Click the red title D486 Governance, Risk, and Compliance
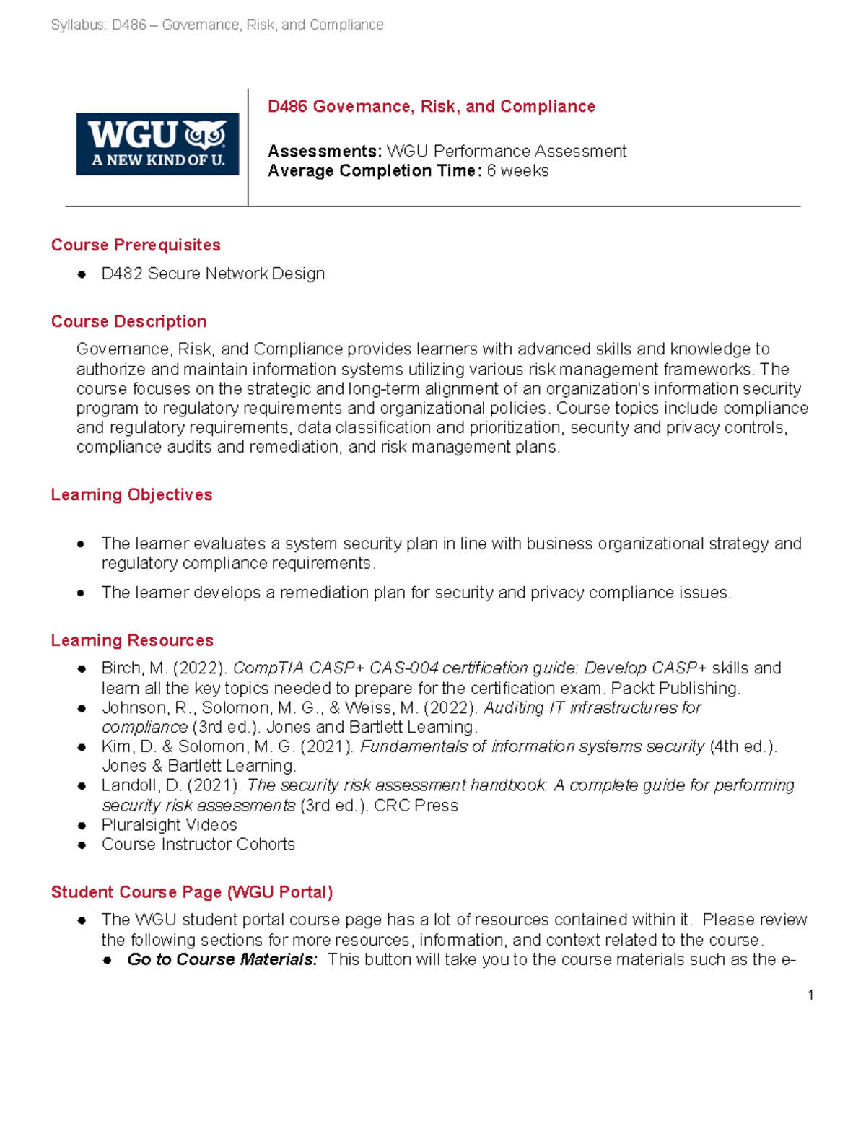(x=431, y=107)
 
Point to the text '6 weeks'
(x=517, y=171)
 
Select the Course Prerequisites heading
(x=136, y=245)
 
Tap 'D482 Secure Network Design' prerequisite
(x=213, y=274)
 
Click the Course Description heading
(x=128, y=322)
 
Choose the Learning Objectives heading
(x=131, y=495)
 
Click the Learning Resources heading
(x=132, y=641)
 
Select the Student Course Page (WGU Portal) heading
(x=191, y=892)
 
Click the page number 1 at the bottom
(x=810, y=995)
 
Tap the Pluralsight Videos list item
(x=169, y=825)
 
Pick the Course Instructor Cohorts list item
(x=198, y=845)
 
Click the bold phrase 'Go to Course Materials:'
(x=222, y=960)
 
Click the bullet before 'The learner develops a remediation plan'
(x=82, y=593)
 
